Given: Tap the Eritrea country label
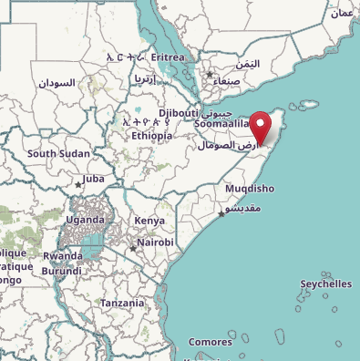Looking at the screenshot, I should pos(168,57).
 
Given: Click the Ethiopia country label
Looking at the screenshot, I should pos(151,135).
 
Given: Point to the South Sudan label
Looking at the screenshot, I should pos(58,153).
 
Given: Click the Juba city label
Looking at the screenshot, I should pos(94,179).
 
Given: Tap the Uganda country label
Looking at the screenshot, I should pos(85,220).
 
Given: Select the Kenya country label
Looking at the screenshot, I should pos(149,221).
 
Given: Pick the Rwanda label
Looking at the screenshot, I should pos(62,255).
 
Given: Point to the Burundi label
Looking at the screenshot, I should pos(62,271).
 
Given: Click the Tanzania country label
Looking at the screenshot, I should pos(122,303).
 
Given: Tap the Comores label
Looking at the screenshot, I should pos(210,342).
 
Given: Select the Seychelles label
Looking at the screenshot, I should pos(325,284).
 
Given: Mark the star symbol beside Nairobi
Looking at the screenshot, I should pos(133,246).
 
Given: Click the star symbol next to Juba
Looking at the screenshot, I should pos(78,183).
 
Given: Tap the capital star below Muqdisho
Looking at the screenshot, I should pos(221,214).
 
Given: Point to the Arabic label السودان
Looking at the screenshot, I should pos(57,82).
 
